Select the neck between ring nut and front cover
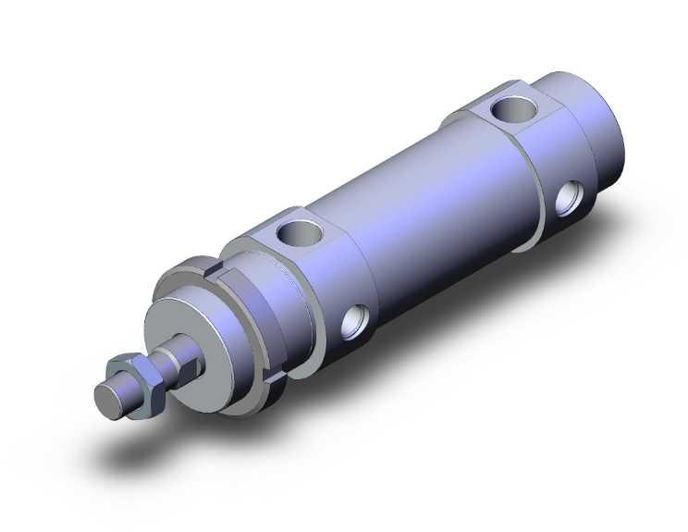[264, 305]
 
